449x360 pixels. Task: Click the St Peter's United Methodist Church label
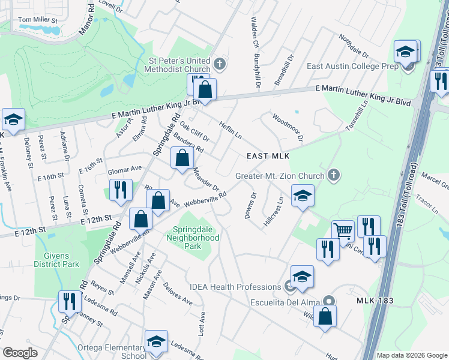coord(179,65)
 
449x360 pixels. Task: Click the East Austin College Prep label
coord(352,67)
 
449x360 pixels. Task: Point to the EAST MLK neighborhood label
coord(268,156)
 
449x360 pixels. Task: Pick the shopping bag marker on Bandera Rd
coord(182,159)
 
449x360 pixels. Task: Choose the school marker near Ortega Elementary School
coord(156,343)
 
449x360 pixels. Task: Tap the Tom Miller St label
coord(38,20)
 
